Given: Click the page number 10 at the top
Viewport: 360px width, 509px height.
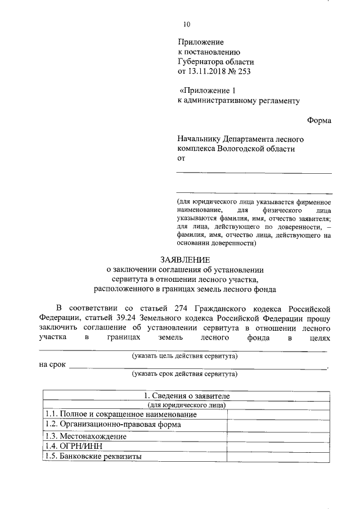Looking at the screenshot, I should point(187,24).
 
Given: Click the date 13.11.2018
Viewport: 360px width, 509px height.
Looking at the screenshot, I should point(207,73).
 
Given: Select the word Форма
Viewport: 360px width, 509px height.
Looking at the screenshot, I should point(319,120).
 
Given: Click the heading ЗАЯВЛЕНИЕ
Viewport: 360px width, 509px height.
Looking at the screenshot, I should point(185,260).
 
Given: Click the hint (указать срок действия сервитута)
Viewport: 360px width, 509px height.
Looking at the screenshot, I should point(184,373).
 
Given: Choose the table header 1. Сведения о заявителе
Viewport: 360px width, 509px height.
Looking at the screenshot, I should point(185,397).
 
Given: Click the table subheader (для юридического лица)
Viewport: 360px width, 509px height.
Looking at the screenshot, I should point(186,405).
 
